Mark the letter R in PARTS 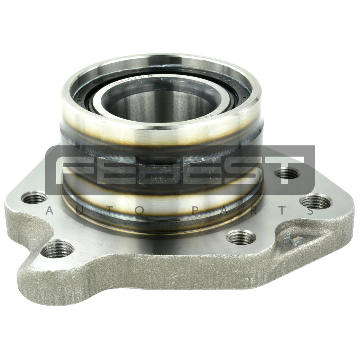(275, 211)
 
